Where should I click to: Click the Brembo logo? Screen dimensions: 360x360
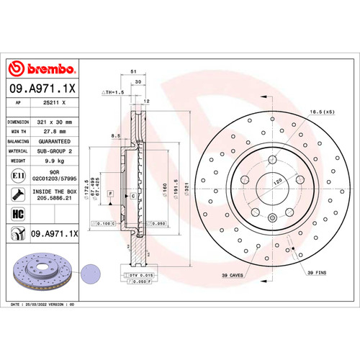pos(42,68)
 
